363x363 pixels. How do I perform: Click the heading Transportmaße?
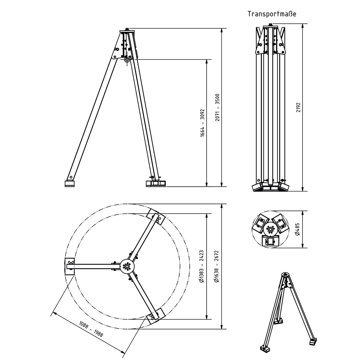[x=272, y=14]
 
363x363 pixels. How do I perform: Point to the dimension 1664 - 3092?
[x=202, y=123]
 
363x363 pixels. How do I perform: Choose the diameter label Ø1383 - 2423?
[x=202, y=266]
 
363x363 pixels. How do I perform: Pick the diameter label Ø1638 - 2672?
[x=217, y=266]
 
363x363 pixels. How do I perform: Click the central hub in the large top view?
[x=126, y=266]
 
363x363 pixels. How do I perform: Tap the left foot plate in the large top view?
[x=70, y=267]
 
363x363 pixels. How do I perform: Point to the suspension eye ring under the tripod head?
[x=127, y=60]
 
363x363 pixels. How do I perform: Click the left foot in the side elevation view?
[x=70, y=183]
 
